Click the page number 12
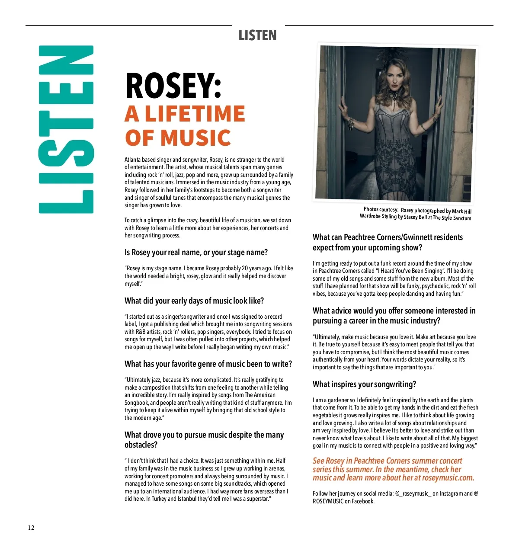[x=31, y=528]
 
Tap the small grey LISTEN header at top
[x=257, y=35]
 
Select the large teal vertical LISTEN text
[x=66, y=129]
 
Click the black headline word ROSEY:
[x=173, y=85]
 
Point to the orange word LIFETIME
[x=195, y=114]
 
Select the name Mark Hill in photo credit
[x=461, y=211]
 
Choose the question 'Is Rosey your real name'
[x=196, y=253]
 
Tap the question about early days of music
[x=194, y=301]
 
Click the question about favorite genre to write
[x=208, y=364]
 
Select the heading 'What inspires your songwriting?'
[x=364, y=384]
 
